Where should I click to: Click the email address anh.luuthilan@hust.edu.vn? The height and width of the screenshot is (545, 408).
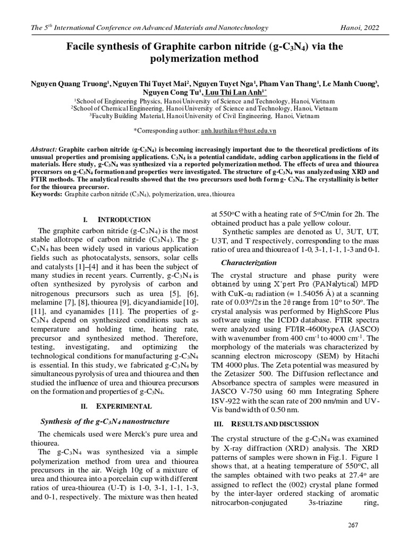(x=240, y=130)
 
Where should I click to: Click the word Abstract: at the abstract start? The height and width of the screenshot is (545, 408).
(x=44, y=150)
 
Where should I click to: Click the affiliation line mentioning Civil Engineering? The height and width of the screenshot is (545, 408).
(x=205, y=115)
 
